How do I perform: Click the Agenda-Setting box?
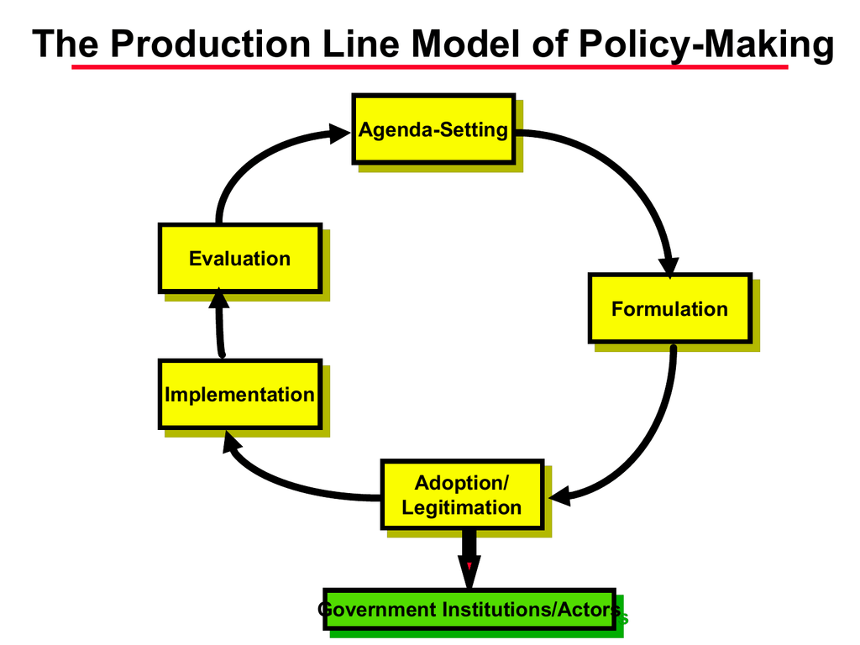click(433, 129)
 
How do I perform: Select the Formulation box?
click(669, 308)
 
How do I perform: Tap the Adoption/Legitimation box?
click(461, 495)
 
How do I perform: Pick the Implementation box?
click(239, 394)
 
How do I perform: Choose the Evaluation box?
click(239, 258)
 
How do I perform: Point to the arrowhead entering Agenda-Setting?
click(339, 133)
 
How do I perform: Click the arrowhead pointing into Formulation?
click(669, 265)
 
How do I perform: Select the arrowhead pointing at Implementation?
click(232, 443)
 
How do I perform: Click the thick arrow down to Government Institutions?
click(469, 558)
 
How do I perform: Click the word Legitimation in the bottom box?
click(461, 507)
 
